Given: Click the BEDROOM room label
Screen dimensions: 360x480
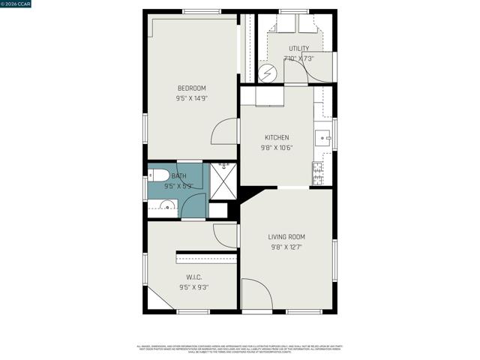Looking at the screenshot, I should point(191,88).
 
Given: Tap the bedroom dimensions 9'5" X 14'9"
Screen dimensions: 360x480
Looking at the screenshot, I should point(191,98).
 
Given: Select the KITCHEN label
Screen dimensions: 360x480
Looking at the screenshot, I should point(277,137).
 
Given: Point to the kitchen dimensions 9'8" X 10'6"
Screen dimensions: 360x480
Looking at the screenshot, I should point(277,148).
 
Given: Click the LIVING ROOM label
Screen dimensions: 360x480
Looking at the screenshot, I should point(286,237).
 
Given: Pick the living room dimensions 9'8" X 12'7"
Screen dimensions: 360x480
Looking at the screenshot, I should point(286,247).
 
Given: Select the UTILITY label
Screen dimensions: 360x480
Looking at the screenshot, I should point(298,49).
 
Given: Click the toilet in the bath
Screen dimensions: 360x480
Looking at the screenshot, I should point(157,178).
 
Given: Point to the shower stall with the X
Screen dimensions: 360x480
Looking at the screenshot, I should point(223,180).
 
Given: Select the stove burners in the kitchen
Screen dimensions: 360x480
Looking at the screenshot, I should point(317,173).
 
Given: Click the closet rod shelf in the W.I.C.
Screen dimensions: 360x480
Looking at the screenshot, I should point(206,259).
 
